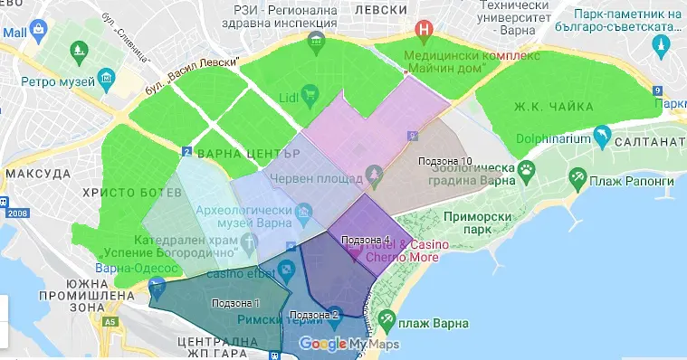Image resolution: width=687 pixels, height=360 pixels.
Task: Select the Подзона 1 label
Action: click(234, 302)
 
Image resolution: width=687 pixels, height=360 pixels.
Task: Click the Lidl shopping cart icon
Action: click(309, 92)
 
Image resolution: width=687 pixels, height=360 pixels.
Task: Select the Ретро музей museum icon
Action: click(109, 81)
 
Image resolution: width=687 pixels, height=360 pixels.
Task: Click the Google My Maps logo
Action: click(348, 344)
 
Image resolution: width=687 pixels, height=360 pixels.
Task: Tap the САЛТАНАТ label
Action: click(648, 143)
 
